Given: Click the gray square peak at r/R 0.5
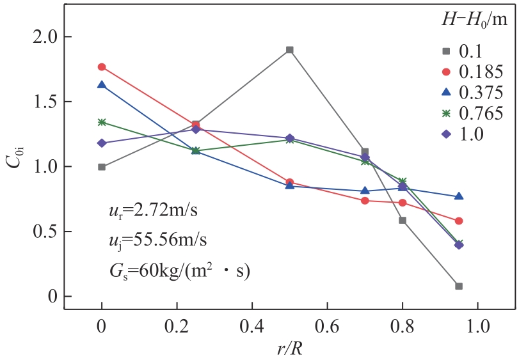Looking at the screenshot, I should [x=290, y=49].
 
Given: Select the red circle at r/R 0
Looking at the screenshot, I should [x=102, y=67].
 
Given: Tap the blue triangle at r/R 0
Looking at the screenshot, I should [x=102, y=84].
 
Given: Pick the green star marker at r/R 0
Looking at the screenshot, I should [x=102, y=122].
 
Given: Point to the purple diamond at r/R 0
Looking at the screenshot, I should [x=102, y=143].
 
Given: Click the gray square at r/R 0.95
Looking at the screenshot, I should [x=459, y=286].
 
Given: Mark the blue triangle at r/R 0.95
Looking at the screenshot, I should [x=459, y=196].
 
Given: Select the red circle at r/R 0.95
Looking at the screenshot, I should [x=459, y=221].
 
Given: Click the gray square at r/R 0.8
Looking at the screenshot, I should [x=403, y=220].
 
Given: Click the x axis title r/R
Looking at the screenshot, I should [x=289, y=348].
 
